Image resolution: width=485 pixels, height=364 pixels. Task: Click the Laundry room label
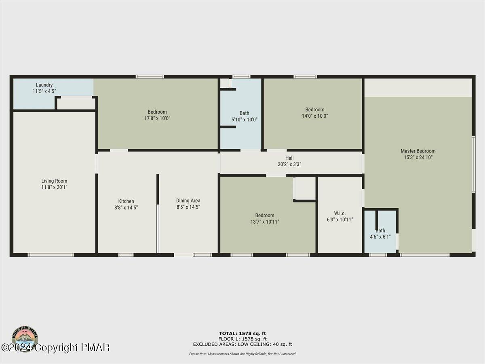point(44,85)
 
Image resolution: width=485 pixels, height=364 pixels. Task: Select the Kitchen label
point(126,201)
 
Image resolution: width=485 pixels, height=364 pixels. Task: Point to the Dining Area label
point(188,201)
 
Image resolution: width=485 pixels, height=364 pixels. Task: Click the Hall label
point(289,158)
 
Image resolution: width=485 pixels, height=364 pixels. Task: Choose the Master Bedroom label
point(418,151)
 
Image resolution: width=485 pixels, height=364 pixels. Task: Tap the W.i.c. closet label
point(339,213)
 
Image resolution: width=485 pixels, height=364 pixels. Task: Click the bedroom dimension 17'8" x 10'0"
point(157,119)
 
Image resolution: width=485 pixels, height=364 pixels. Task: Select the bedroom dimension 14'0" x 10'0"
point(314,116)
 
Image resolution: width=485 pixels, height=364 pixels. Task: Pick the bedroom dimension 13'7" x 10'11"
point(265,222)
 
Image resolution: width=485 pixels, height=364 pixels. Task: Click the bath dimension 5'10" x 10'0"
point(244,120)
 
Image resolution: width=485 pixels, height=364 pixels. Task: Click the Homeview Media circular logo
point(25,339)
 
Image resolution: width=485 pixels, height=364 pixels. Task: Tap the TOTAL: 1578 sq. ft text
point(242,333)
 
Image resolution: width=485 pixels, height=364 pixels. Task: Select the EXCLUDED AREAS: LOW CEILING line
point(242,345)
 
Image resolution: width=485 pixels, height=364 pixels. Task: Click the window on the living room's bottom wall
point(51,255)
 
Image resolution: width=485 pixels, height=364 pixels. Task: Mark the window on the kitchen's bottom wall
point(126,255)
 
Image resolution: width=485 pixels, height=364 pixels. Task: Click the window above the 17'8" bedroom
point(150,76)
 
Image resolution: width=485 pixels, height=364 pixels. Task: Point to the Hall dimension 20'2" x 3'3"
point(289,164)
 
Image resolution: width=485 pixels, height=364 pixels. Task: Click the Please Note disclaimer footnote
point(242,354)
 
